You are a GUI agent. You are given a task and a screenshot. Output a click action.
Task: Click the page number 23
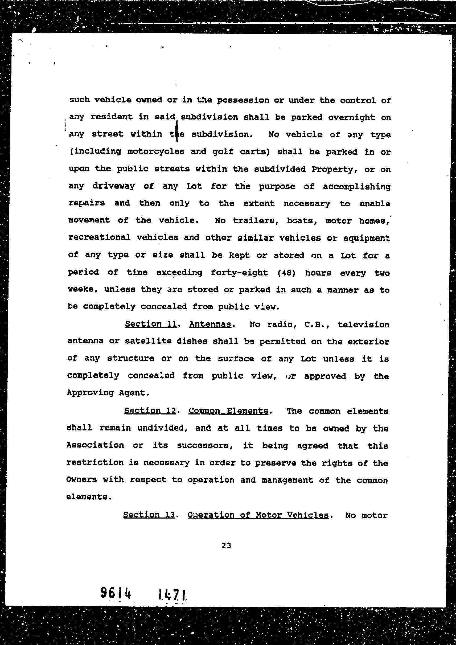pos(226,545)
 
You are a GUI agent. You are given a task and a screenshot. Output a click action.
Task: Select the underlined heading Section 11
pos(151,324)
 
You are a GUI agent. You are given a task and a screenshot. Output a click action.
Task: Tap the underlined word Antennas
pos(210,324)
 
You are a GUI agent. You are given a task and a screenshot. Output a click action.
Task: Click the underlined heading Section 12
pos(150,410)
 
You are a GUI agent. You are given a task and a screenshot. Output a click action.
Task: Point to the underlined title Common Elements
pos(228,411)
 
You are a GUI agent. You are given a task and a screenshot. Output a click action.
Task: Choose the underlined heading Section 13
pos(149,514)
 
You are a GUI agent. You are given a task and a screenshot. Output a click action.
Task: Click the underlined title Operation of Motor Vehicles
pos(258,515)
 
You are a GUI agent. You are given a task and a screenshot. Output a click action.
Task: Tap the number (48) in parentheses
pos(286,273)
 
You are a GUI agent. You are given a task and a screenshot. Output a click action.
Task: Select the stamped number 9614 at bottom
pos(116,593)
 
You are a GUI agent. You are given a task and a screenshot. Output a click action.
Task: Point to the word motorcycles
pos(156,151)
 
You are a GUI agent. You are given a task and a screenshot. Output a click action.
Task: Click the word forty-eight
pos(239,273)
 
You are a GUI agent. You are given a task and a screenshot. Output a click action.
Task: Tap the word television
pos(363,324)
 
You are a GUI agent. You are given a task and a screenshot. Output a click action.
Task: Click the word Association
pos(95,445)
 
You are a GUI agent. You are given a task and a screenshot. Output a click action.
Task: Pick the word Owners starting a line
pos(81,479)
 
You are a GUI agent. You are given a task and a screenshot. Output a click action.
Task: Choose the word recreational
pos(100,237)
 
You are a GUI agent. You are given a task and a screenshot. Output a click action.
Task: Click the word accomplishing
pos(356,186)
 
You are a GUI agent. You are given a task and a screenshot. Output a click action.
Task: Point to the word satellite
pos(148,341)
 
